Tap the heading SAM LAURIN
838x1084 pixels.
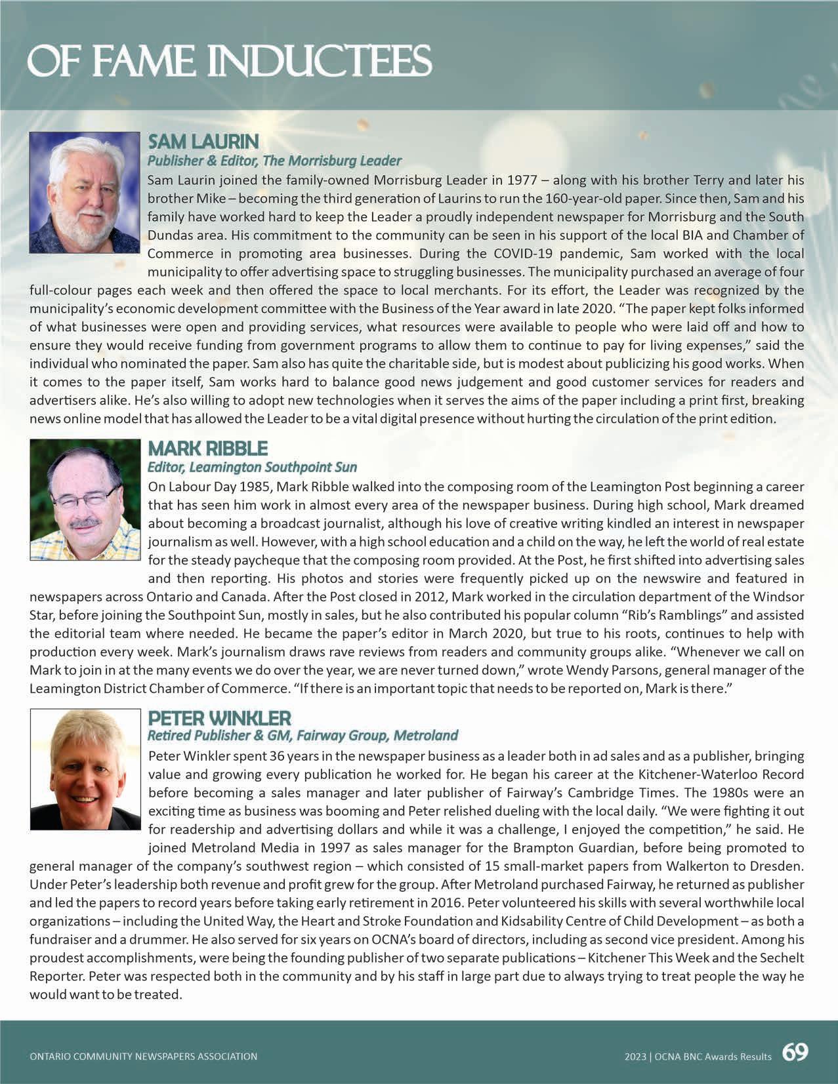pos(203,142)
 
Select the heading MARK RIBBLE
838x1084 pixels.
pos(208,449)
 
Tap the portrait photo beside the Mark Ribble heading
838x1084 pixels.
pos(85,499)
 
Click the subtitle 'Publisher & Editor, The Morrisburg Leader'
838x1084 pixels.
pos(274,161)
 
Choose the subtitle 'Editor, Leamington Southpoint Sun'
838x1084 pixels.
pos(252,467)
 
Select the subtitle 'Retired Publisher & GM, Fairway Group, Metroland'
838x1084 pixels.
pos(303,735)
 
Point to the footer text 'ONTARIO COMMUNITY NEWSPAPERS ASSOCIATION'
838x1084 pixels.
pos(144,1056)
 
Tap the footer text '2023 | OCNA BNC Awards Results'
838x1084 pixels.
pos(698,1056)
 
